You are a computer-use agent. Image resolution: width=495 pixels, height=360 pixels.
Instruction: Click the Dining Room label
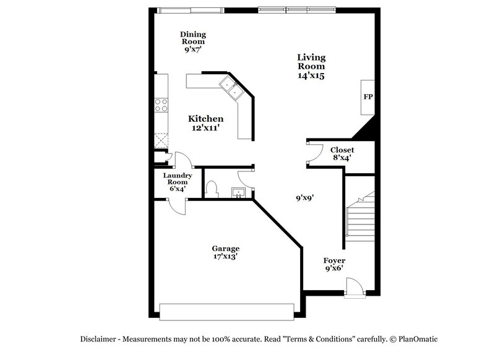click(x=193, y=42)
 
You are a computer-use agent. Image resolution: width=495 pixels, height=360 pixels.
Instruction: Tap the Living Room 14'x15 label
click(x=311, y=66)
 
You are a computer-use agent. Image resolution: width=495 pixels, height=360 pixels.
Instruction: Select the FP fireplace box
click(x=368, y=97)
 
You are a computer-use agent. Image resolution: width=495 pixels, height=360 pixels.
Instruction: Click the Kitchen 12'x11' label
click(x=205, y=122)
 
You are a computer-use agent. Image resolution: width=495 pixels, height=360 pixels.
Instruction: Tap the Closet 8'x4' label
click(x=342, y=153)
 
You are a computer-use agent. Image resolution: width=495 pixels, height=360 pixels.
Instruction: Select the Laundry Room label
click(x=178, y=182)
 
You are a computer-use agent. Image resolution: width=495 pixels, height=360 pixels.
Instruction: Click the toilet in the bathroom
click(x=211, y=188)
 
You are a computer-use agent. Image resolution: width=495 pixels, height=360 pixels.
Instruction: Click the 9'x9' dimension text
click(x=305, y=198)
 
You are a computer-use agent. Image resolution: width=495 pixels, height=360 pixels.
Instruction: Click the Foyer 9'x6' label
click(x=334, y=265)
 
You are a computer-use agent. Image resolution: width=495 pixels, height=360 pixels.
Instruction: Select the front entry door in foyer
click(x=355, y=288)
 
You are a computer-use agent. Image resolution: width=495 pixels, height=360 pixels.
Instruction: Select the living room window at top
click(x=297, y=9)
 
